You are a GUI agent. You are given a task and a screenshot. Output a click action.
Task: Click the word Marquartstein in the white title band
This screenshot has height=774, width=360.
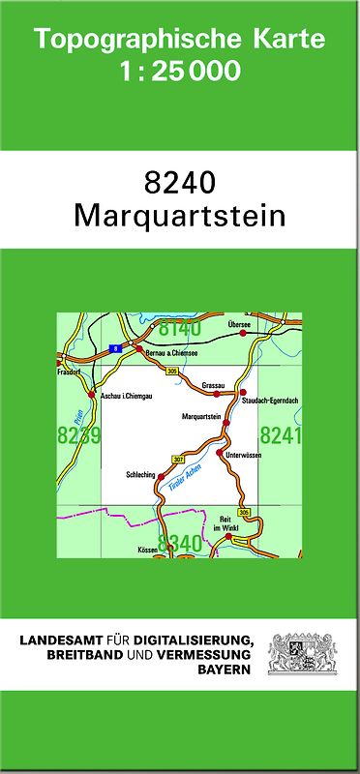[179, 215]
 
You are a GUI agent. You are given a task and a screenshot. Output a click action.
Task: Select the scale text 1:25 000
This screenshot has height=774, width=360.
[179, 71]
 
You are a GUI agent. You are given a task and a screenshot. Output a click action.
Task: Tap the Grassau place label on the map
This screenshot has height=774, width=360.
[214, 384]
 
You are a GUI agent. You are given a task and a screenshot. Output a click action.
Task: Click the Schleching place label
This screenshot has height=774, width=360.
[140, 475]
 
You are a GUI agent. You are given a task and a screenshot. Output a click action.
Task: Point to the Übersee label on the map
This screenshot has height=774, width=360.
[240, 325]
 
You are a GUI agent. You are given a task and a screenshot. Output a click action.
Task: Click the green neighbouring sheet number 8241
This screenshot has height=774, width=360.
[281, 435]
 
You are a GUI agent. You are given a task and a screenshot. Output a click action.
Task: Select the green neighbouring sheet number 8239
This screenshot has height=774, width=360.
[77, 435]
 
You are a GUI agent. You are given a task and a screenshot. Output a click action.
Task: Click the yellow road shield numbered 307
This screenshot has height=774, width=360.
[177, 458]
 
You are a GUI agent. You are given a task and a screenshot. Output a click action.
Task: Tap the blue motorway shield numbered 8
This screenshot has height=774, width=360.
[115, 346]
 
